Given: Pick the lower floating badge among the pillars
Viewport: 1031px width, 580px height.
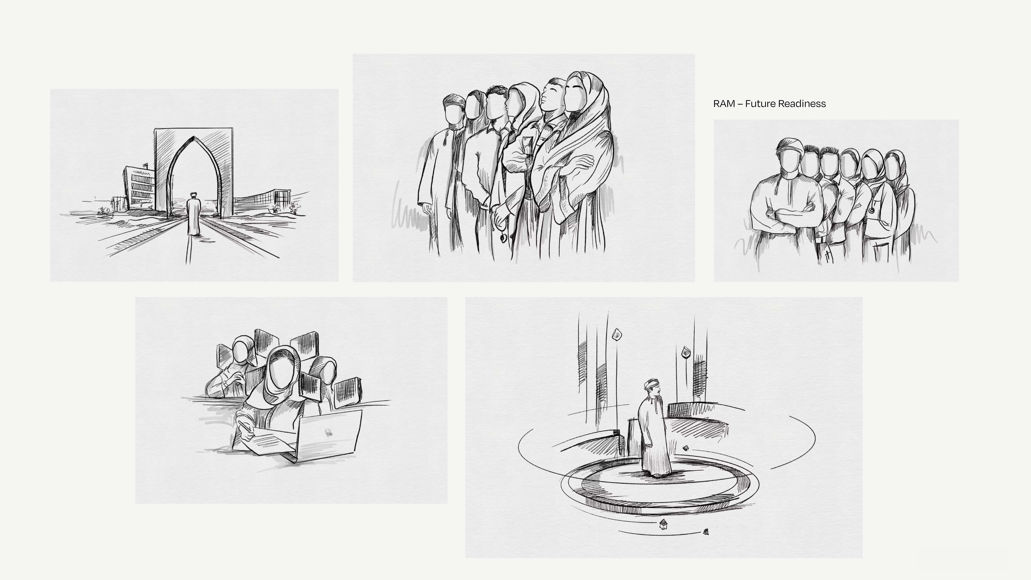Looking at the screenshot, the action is [686, 352].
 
